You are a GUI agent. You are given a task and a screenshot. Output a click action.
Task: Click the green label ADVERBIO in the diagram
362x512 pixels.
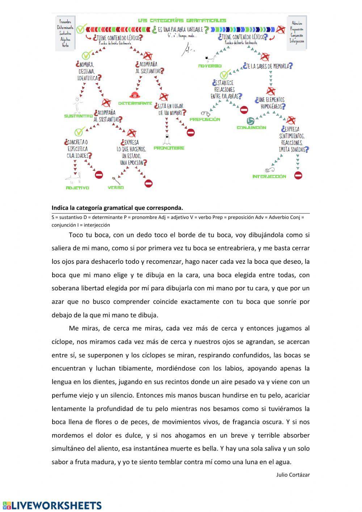click(x=210, y=66)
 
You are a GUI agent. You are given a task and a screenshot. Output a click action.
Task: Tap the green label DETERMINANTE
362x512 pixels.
click(x=140, y=103)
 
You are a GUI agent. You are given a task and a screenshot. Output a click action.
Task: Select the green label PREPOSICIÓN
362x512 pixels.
click(x=205, y=119)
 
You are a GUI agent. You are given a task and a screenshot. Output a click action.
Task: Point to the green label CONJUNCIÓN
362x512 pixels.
click(x=251, y=128)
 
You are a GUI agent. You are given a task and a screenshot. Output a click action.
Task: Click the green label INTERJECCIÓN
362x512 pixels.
click(x=269, y=176)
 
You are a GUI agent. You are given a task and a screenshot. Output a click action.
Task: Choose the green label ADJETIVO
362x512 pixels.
click(x=77, y=188)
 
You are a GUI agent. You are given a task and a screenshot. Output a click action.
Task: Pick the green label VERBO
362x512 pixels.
click(x=116, y=188)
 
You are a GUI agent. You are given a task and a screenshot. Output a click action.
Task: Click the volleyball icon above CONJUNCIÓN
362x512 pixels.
click(x=250, y=121)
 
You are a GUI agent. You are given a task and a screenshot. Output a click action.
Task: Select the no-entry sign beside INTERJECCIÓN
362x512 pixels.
click(x=298, y=176)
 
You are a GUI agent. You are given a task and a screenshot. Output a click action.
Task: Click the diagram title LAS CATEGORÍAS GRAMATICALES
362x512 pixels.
click(x=182, y=21)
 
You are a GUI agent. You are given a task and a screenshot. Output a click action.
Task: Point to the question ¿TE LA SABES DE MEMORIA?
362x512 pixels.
click(x=268, y=66)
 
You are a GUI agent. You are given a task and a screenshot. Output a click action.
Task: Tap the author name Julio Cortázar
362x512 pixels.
click(x=293, y=474)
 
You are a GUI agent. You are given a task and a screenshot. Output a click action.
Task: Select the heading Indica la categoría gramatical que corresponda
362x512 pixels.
click(x=117, y=208)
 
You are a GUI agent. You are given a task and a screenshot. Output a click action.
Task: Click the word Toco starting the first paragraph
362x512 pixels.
click(x=76, y=235)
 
